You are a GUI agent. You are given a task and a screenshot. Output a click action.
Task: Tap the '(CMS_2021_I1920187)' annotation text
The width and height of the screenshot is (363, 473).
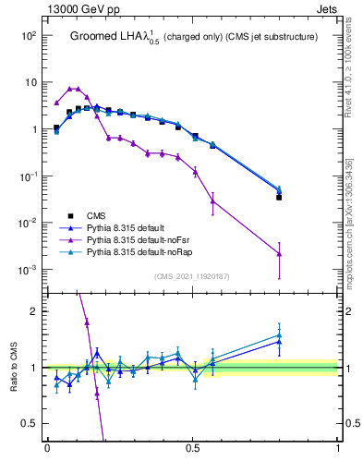click(192, 276)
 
